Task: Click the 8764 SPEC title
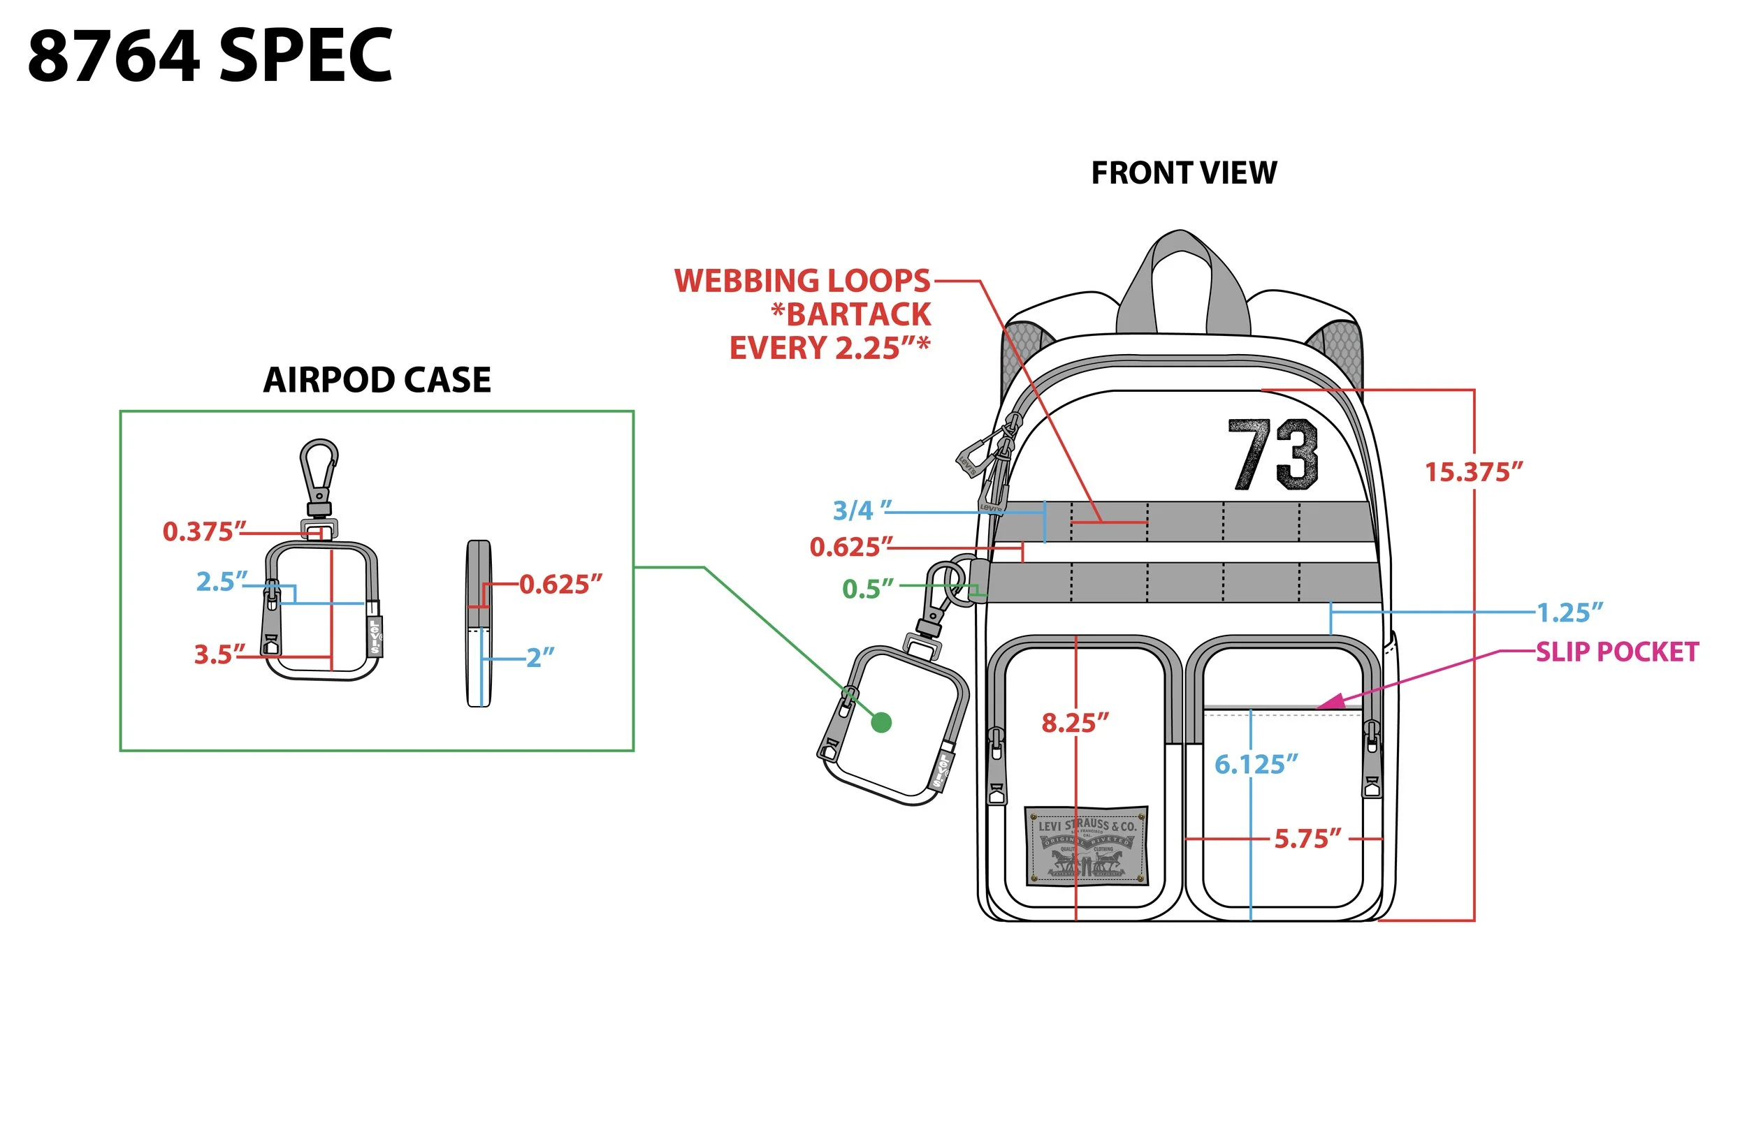(210, 56)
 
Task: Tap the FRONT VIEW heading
(1183, 173)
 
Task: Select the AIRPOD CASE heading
(377, 380)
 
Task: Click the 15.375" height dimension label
(1473, 472)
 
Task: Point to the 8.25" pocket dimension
(1075, 723)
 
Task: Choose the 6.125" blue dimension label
(1255, 765)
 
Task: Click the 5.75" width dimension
(1307, 838)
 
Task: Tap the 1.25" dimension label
(1570, 612)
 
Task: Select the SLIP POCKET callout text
(1617, 652)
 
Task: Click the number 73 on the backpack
(1273, 455)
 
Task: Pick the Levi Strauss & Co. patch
(1086, 845)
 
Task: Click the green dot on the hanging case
(881, 723)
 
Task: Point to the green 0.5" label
(868, 589)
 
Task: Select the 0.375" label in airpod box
(204, 531)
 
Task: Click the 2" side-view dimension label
(539, 656)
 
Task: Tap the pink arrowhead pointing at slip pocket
(1331, 701)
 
